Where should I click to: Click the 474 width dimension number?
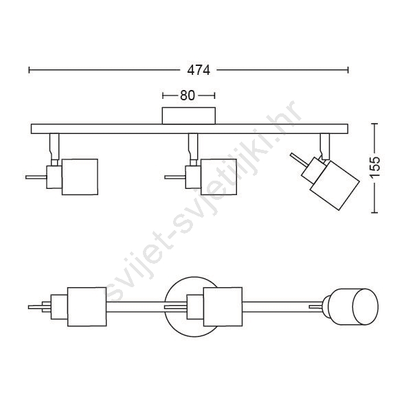pos(199,70)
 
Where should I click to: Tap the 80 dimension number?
pos(188,95)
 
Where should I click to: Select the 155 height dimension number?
pos(374,167)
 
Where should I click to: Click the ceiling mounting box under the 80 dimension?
pos(189,115)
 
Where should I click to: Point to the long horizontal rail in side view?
pos(190,128)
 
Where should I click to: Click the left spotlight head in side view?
pos(80,177)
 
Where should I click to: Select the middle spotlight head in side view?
pos(218,177)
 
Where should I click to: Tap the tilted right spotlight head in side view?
pos(335,185)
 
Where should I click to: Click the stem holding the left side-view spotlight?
pos(54,146)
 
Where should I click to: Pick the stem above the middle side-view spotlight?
pos(193,146)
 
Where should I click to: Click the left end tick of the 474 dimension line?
pos(30,70)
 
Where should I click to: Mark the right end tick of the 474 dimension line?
pos(348,70)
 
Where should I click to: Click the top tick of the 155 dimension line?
pos(374,124)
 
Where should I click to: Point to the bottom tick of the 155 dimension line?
pos(374,212)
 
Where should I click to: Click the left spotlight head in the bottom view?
pos(87,306)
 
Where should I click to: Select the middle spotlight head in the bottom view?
pos(223,306)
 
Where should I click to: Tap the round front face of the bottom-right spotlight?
pos(365,306)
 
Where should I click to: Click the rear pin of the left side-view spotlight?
pos(36,177)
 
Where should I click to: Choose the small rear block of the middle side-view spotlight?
pos(193,177)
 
